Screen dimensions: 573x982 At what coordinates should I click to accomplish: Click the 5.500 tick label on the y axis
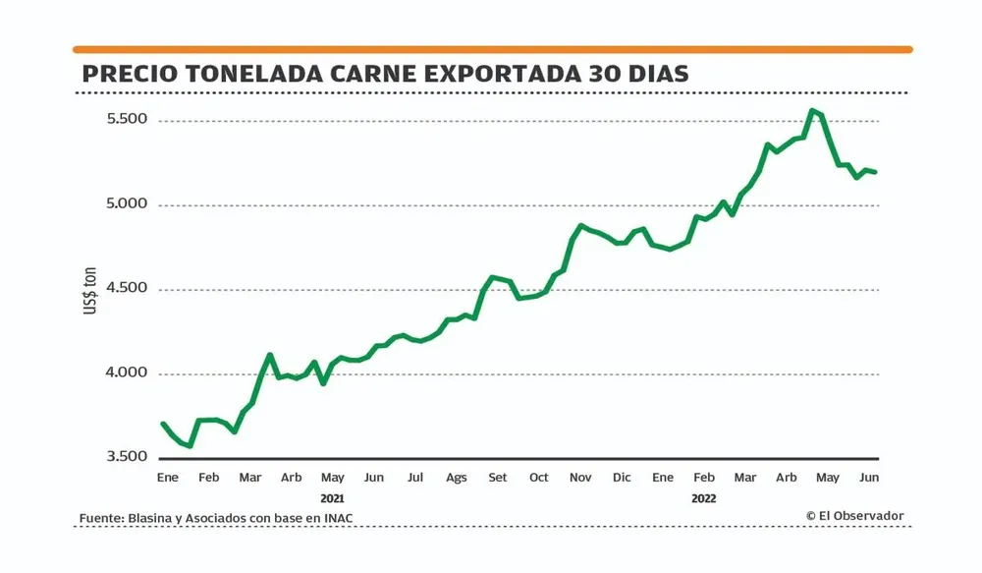tap(127, 119)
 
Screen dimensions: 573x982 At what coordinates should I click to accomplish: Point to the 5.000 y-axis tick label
tap(127, 203)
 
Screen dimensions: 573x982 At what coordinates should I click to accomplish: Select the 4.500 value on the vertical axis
tap(127, 288)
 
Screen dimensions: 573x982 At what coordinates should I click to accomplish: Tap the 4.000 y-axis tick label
tap(127, 372)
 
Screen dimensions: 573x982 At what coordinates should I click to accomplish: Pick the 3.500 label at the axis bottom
tap(127, 457)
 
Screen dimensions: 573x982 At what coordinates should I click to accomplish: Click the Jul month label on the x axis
tap(415, 478)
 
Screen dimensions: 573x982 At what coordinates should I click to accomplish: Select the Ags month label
tap(457, 478)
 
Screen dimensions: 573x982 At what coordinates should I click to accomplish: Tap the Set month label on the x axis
tap(498, 478)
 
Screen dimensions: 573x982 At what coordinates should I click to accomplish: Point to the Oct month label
tap(539, 478)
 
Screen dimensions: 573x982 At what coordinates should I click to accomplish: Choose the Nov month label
tap(580, 478)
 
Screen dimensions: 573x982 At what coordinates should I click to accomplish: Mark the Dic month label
tap(622, 478)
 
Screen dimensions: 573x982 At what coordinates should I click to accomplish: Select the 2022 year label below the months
tap(703, 498)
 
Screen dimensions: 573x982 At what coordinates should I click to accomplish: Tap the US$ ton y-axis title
tap(90, 294)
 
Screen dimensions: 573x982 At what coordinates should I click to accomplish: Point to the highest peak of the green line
tap(812, 110)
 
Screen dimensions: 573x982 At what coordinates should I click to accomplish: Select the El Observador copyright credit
tap(854, 516)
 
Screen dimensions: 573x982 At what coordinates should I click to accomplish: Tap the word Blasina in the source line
tap(149, 518)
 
